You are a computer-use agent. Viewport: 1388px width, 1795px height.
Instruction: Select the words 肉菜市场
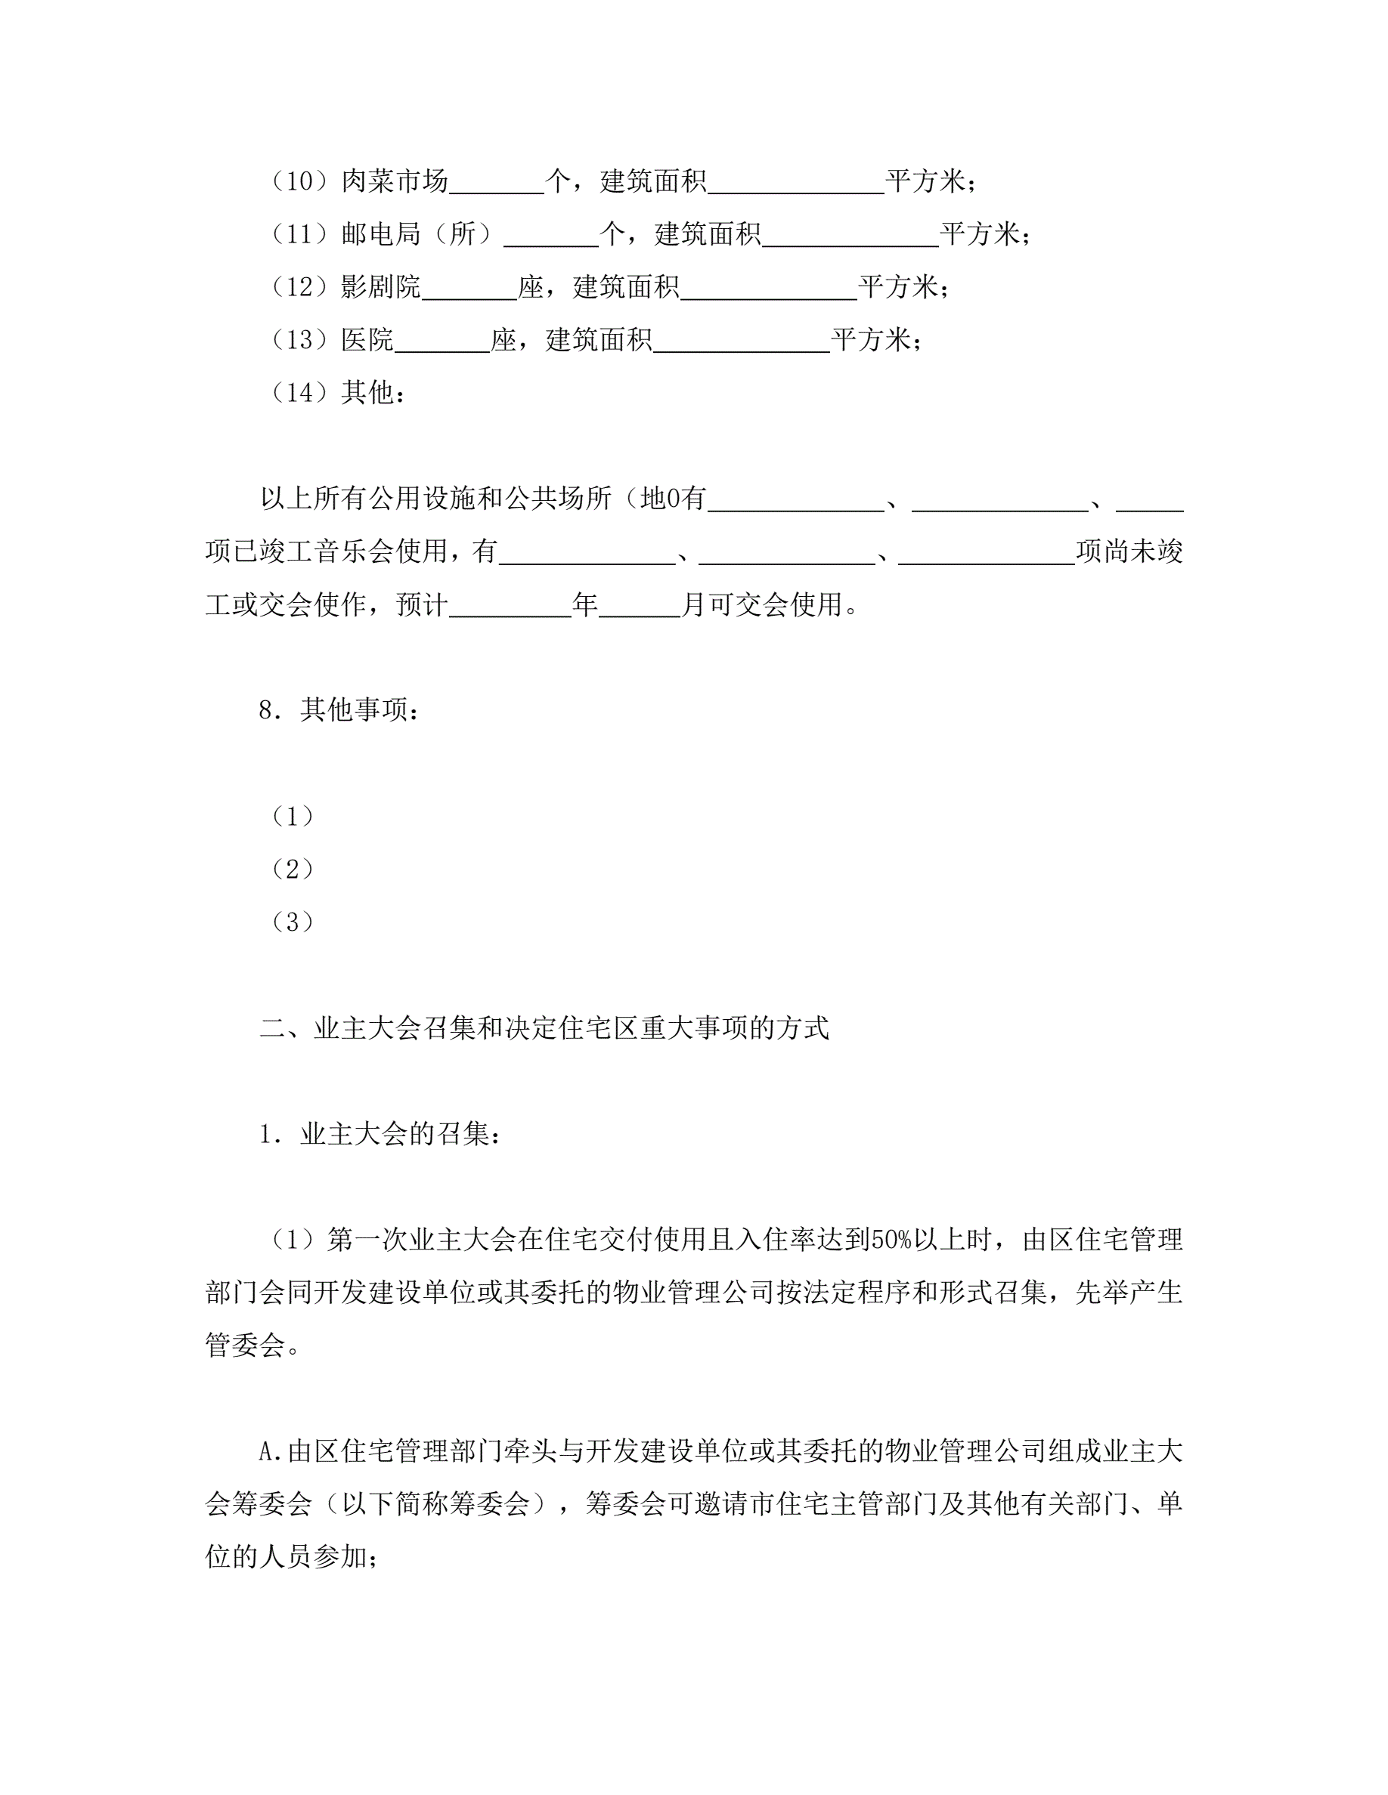(x=395, y=181)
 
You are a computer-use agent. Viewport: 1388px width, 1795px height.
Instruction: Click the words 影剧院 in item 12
(x=381, y=287)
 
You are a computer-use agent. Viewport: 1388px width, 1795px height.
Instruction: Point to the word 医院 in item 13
(x=367, y=339)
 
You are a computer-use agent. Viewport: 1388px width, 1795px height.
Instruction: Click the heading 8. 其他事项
(x=339, y=709)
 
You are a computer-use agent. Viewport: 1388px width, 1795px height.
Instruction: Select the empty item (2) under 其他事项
(x=293, y=869)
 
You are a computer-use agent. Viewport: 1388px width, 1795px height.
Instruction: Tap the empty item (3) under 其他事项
(x=293, y=922)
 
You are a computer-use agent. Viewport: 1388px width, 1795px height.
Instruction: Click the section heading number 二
(x=272, y=1028)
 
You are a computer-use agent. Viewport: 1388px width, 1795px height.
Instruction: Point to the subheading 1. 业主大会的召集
(x=380, y=1134)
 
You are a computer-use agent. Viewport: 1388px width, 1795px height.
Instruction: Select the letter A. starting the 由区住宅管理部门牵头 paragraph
(x=271, y=1452)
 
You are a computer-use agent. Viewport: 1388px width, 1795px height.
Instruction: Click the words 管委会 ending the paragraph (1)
(x=245, y=1345)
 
